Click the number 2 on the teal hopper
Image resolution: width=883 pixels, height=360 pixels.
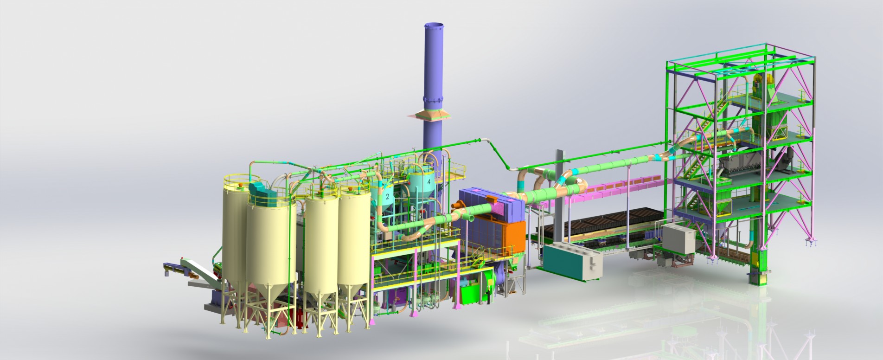coord(387,197)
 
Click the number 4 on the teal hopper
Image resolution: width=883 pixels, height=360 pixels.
coord(429,182)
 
